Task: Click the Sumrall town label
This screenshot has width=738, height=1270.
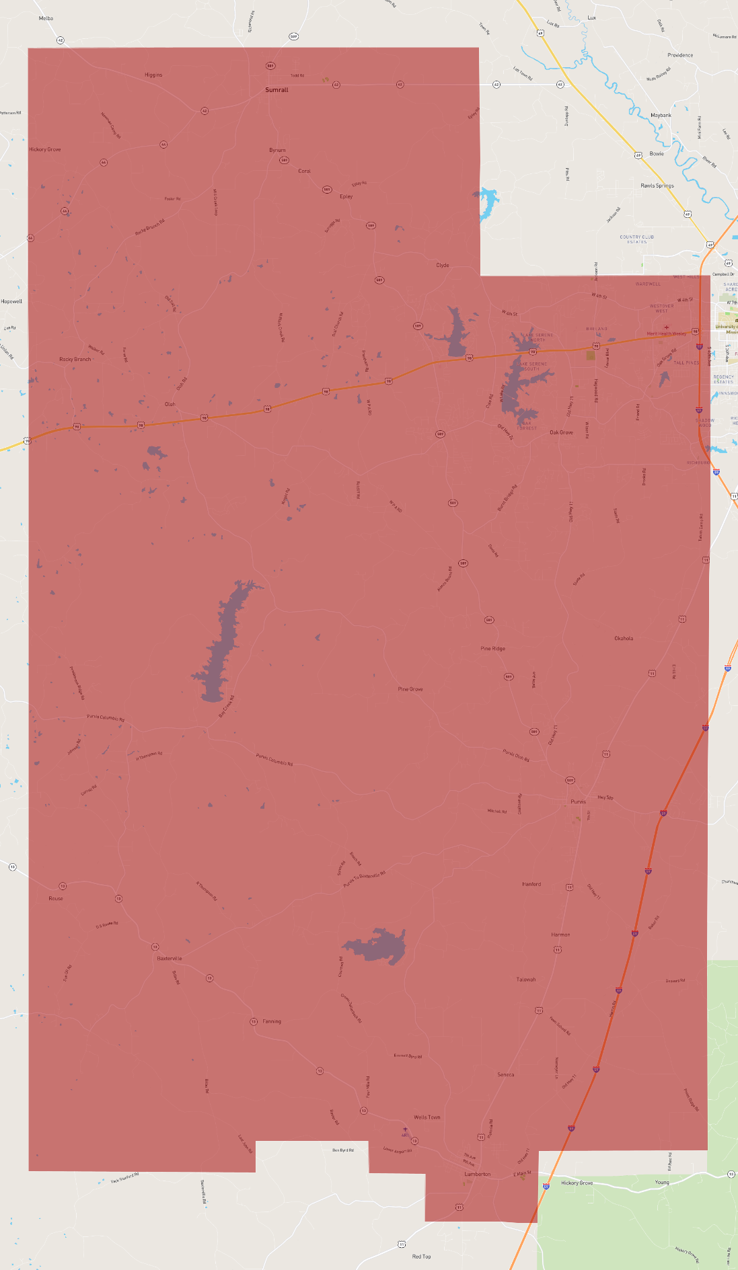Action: (x=276, y=90)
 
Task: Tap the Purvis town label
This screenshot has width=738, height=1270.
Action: (x=578, y=801)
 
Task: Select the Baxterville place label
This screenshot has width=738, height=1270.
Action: (x=170, y=958)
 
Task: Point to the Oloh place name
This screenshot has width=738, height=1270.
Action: (x=170, y=404)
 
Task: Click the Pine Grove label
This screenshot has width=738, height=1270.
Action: (x=410, y=689)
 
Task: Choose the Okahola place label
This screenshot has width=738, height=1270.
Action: (x=624, y=638)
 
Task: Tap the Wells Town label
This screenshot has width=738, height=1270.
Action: (x=427, y=1117)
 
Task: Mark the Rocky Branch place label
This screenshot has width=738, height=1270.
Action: (x=75, y=359)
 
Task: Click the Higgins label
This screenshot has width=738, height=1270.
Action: (x=153, y=75)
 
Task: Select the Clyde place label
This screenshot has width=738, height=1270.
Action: (x=443, y=265)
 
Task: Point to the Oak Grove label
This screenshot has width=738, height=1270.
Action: (x=562, y=432)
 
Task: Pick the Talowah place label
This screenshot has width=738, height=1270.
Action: (x=526, y=980)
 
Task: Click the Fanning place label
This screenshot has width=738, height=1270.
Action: (x=272, y=1021)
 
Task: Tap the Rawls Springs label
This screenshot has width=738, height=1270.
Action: (x=657, y=186)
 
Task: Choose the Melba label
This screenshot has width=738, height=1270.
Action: (x=46, y=18)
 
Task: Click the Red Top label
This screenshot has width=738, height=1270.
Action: (x=422, y=1256)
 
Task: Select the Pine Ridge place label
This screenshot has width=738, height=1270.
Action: (x=493, y=649)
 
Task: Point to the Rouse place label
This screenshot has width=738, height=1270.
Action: (x=56, y=898)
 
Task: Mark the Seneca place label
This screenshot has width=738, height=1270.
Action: (x=506, y=1074)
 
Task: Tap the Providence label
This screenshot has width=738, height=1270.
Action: (x=680, y=55)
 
